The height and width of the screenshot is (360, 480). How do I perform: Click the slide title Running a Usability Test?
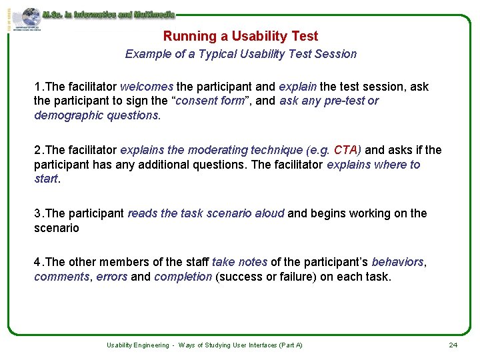pyautogui.click(x=241, y=37)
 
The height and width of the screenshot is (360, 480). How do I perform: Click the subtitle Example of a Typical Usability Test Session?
pyautogui.click(x=241, y=54)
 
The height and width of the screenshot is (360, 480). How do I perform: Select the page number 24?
pyautogui.click(x=453, y=345)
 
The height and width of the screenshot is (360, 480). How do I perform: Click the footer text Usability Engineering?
pyautogui.click(x=137, y=345)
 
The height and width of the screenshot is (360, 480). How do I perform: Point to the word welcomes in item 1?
pyautogui.click(x=147, y=87)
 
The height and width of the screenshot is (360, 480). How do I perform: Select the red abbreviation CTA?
pyautogui.click(x=345, y=150)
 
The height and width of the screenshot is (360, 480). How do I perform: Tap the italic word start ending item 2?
pyautogui.click(x=46, y=179)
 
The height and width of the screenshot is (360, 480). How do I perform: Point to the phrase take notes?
pyautogui.click(x=239, y=262)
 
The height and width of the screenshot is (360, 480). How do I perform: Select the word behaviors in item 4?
pyautogui.click(x=397, y=262)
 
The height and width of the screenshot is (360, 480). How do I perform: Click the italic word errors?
pyautogui.click(x=111, y=277)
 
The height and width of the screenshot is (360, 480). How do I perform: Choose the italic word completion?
pyautogui.click(x=183, y=277)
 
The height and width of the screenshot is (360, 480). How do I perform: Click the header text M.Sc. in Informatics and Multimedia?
pyautogui.click(x=108, y=14)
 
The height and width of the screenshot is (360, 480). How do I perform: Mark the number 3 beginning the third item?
pyautogui.click(x=37, y=213)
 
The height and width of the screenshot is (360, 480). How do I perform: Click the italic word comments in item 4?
pyautogui.click(x=61, y=277)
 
